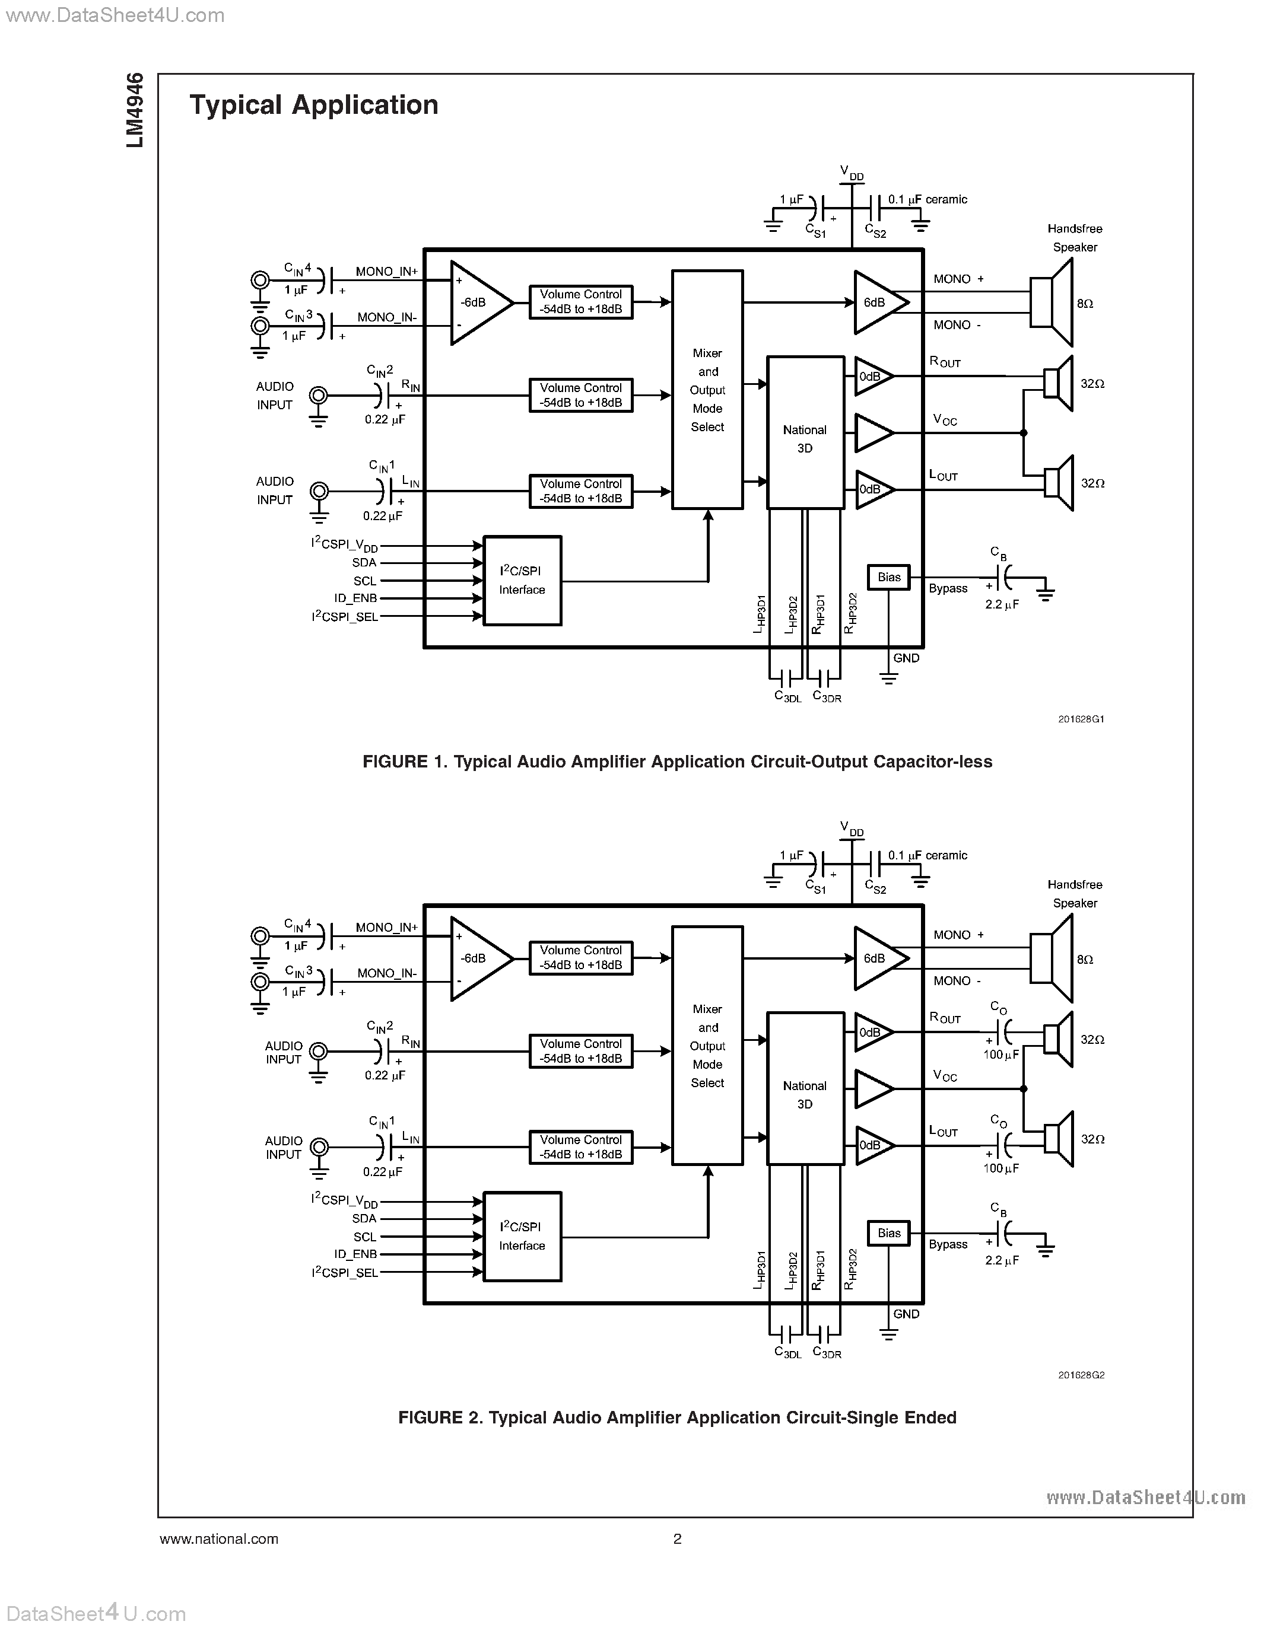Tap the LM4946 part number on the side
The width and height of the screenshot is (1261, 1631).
click(x=135, y=110)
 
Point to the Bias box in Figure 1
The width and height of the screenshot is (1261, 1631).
click(x=888, y=577)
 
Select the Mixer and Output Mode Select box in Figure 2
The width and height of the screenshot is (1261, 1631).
click(x=707, y=1046)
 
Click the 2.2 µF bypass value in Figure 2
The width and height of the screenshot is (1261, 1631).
click(x=1001, y=1260)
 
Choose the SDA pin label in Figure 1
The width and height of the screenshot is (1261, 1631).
click(x=364, y=563)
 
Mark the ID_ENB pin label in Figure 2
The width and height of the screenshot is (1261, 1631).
click(x=355, y=1254)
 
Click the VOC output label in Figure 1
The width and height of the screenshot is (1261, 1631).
click(x=945, y=421)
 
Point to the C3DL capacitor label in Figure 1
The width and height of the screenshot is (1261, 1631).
click(x=787, y=697)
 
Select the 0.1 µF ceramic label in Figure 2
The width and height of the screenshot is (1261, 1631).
click(x=927, y=856)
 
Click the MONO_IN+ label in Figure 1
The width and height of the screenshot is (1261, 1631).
click(x=386, y=272)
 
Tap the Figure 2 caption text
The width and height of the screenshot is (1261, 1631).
click(x=677, y=1417)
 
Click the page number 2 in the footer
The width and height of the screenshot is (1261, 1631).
click(x=677, y=1538)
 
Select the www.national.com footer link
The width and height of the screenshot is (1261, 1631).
click(x=219, y=1538)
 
